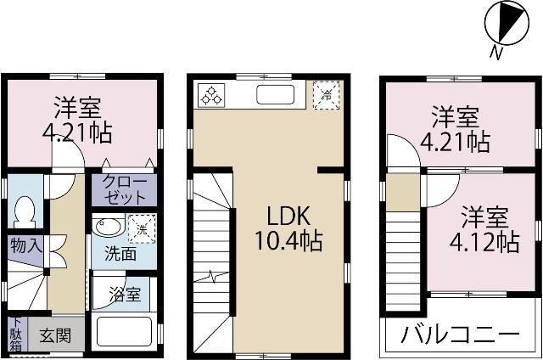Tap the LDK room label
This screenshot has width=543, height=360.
point(288,214)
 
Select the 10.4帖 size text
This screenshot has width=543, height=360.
point(288,241)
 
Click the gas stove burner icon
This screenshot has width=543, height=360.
point(210,94)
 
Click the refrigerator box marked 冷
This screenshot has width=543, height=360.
point(327,93)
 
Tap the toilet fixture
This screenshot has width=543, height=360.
point(25,210)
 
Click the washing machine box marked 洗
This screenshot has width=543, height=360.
point(141,228)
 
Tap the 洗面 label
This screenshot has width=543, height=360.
point(120,253)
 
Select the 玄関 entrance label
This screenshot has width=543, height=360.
point(57,335)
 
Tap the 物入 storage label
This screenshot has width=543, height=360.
point(23,245)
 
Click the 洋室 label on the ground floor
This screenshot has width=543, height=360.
point(79,108)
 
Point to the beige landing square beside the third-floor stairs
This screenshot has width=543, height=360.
point(403,194)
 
